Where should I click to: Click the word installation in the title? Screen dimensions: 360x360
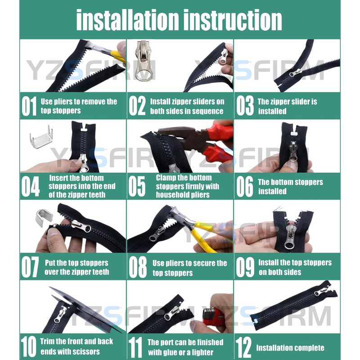[x=127, y=20]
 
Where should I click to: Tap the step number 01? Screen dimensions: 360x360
[x=29, y=106]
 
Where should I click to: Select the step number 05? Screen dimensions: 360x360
[x=137, y=186]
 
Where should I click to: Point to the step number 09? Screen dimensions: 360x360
[x=245, y=267]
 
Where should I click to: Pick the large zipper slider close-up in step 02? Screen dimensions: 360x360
[x=143, y=61]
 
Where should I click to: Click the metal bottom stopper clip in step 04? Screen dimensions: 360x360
[x=41, y=137]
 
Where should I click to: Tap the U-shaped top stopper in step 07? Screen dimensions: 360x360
[x=44, y=217]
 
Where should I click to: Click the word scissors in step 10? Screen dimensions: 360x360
[x=85, y=351]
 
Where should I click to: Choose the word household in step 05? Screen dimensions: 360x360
[x=173, y=195]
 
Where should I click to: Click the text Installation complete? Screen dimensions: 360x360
[x=290, y=348]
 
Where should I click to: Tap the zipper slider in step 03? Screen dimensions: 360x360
[x=295, y=73]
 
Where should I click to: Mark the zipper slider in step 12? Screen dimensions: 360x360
[x=321, y=292]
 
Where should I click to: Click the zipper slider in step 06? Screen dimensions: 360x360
[x=293, y=152]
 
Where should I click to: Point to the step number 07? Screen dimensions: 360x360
[x=30, y=267]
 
